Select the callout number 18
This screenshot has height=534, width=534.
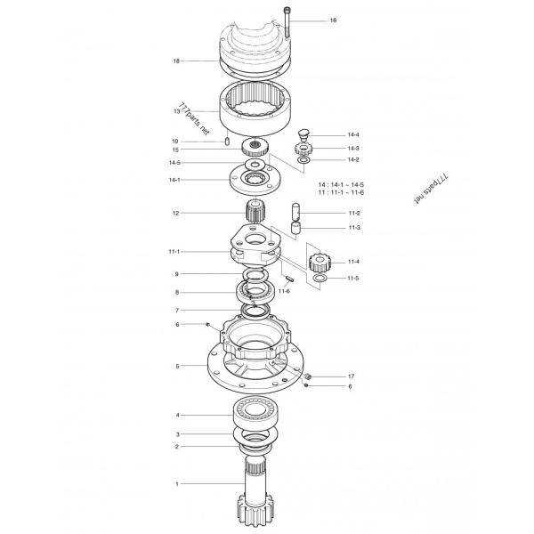pyautogui.click(x=176, y=61)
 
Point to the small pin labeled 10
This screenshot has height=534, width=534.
pyautogui.click(x=228, y=141)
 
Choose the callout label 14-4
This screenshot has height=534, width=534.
pyautogui.click(x=353, y=134)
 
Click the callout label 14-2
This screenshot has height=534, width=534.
pyautogui.click(x=353, y=159)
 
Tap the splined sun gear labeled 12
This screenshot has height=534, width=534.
pyautogui.click(x=255, y=214)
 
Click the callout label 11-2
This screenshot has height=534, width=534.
pyautogui.click(x=353, y=214)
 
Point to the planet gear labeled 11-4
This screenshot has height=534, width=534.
pyautogui.click(x=320, y=263)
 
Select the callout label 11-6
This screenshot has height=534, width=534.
pyautogui.click(x=284, y=291)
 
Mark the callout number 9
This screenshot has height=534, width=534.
pyautogui.click(x=176, y=274)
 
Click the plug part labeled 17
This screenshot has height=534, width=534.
pyautogui.click(x=308, y=377)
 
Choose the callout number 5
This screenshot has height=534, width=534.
pyautogui.click(x=176, y=366)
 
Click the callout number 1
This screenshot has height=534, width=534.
pyautogui.click(x=176, y=484)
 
